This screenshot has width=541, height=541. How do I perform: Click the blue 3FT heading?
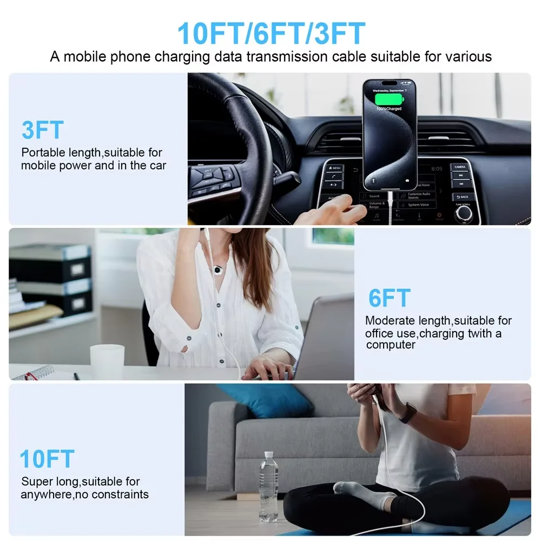[x=43, y=131]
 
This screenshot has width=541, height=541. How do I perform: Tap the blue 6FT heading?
[x=390, y=299]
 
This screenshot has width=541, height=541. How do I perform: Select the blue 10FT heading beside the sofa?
[x=47, y=459]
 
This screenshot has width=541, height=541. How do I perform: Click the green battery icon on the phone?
[x=389, y=97]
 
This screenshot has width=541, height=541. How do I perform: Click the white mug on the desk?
[x=107, y=361]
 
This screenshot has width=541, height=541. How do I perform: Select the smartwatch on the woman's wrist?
[x=408, y=413]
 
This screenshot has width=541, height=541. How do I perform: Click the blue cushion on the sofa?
[x=265, y=400]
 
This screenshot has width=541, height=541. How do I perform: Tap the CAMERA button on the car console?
[x=460, y=168]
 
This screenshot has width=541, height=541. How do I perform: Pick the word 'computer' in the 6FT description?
[x=391, y=345]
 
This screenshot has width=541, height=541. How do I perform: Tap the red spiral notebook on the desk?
[x=34, y=373]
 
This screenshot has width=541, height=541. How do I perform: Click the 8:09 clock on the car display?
[x=437, y=169]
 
